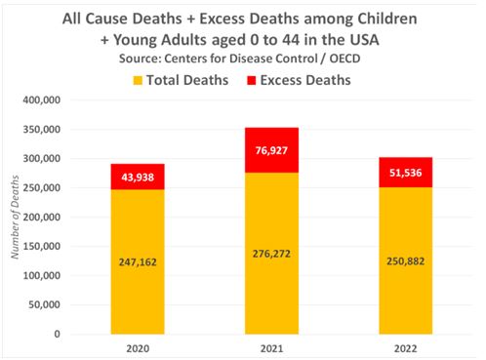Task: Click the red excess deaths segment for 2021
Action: click(271, 150)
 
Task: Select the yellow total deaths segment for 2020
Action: click(138, 261)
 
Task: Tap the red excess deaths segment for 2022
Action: click(406, 173)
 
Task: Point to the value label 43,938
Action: click(138, 178)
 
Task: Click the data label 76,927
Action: click(271, 150)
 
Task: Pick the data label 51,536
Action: click(406, 173)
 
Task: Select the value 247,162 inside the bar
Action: click(138, 262)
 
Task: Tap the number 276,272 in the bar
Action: click(271, 254)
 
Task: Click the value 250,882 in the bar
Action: click(406, 261)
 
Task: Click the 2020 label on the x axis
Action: click(138, 348)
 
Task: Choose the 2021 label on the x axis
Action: click(271, 348)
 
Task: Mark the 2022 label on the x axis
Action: click(406, 348)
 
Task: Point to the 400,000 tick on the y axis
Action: click(42, 100)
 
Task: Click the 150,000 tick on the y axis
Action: click(42, 246)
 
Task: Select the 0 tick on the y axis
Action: click(58, 334)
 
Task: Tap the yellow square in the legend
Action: click(138, 80)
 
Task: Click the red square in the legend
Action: click(252, 80)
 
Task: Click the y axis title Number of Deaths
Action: click(15, 217)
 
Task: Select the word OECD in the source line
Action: click(344, 59)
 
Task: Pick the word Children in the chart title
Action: click(387, 19)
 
